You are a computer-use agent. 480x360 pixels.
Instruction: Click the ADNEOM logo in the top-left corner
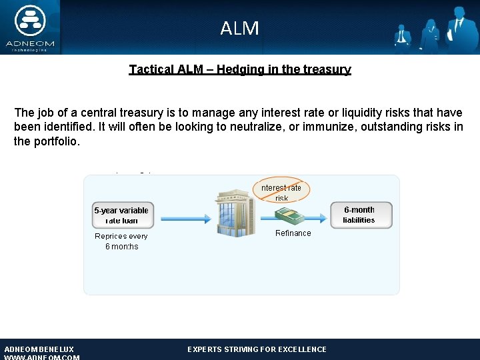pyautogui.click(x=29, y=27)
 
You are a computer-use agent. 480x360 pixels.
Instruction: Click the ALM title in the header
pyautogui.click(x=239, y=29)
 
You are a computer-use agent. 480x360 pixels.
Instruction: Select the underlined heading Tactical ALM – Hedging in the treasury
pyautogui.click(x=240, y=69)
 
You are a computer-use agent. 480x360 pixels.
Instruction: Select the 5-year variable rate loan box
pyautogui.click(x=122, y=215)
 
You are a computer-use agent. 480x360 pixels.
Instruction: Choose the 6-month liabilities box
pyautogui.click(x=361, y=215)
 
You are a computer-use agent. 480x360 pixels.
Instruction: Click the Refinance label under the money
pyautogui.click(x=293, y=233)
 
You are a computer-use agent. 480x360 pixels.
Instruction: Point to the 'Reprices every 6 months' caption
pyautogui.click(x=121, y=241)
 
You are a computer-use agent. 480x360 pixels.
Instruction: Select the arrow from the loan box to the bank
pyautogui.click(x=183, y=215)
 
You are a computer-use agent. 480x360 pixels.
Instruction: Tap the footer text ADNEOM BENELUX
pyautogui.click(x=39, y=349)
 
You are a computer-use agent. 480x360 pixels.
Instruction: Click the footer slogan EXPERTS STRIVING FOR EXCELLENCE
pyautogui.click(x=257, y=349)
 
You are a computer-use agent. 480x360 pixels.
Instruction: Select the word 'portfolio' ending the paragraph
pyautogui.click(x=57, y=141)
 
